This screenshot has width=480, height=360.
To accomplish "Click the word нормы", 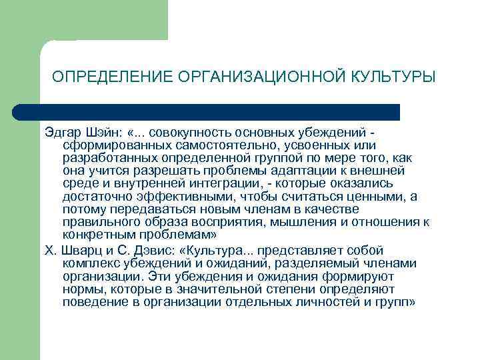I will tap(81, 289).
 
